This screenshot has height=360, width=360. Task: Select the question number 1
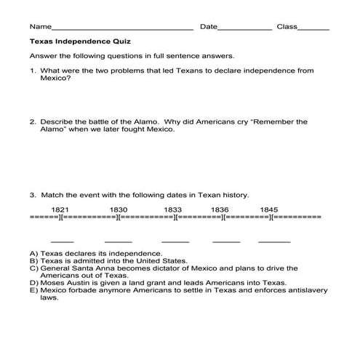33,71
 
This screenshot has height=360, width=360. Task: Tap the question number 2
33,122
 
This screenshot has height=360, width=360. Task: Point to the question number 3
33,195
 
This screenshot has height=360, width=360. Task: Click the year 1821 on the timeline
60,209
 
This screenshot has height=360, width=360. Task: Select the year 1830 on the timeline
119,209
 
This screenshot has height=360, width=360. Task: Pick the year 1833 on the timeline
172,209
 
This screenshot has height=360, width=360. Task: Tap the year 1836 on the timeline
220,209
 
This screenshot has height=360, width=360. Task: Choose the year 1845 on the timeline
269,209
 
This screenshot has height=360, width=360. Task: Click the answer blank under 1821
63,241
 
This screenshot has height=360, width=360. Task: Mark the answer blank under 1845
274,241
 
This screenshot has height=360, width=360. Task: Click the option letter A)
33,253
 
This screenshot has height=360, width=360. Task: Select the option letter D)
33,283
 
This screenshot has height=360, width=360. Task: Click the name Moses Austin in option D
63,283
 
